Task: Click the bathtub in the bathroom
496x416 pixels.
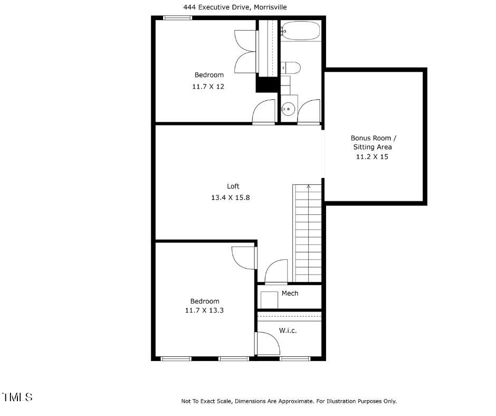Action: pos(301,31)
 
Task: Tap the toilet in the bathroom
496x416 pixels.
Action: pos(291,68)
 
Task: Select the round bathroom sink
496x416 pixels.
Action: pos(288,110)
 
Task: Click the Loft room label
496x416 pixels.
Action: pos(233,186)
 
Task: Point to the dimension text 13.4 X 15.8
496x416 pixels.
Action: pos(233,197)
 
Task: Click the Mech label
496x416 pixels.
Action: pos(290,294)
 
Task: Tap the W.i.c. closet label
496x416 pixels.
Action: pos(288,330)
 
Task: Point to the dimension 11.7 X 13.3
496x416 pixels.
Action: pos(204,310)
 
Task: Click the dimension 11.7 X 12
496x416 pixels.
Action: pos(208,86)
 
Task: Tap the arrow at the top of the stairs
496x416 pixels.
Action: pos(309,186)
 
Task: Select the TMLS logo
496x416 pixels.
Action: pos(17,397)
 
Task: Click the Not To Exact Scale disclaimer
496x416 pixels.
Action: pos(289,401)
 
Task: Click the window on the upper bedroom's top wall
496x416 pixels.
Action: pos(177,18)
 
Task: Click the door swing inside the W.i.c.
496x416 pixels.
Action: pos(269,345)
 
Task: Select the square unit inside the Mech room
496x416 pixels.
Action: pos(269,299)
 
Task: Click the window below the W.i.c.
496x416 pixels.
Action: pos(294,358)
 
